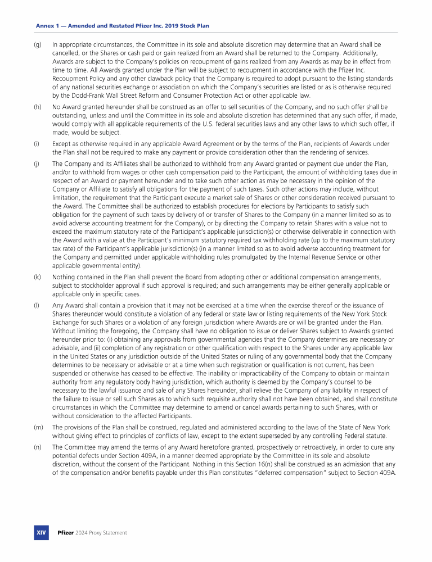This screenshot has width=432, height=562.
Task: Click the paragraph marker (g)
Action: [x=38, y=44]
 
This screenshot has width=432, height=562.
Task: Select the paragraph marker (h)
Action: [x=38, y=107]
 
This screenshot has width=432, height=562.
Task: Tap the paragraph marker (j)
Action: [x=38, y=164]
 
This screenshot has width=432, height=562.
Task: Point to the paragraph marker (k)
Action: [x=38, y=277]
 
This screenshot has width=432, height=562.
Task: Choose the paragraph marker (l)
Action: [x=37, y=306]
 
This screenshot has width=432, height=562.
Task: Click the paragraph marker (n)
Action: [x=38, y=447]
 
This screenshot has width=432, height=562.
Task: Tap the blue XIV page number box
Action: [x=41, y=532]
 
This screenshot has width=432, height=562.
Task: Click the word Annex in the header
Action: [x=44, y=26]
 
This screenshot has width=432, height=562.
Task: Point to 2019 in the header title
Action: [x=177, y=26]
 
